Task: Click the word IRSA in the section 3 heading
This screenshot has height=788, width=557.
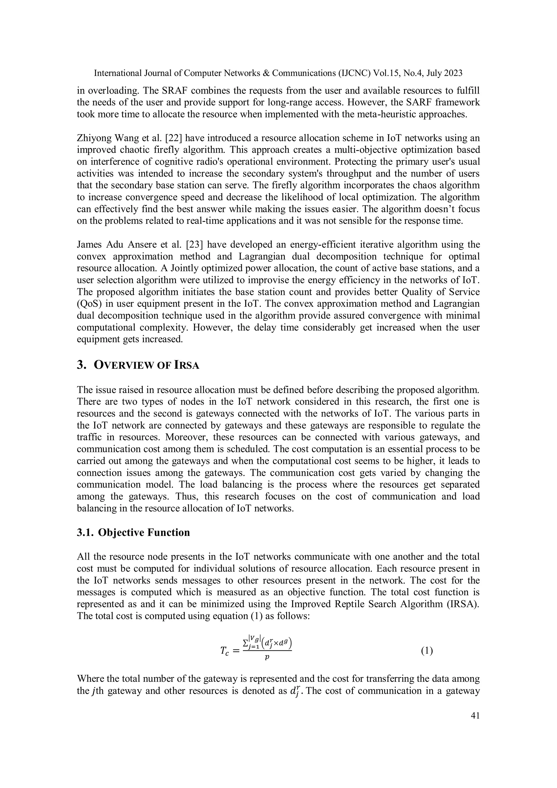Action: point(187,366)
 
